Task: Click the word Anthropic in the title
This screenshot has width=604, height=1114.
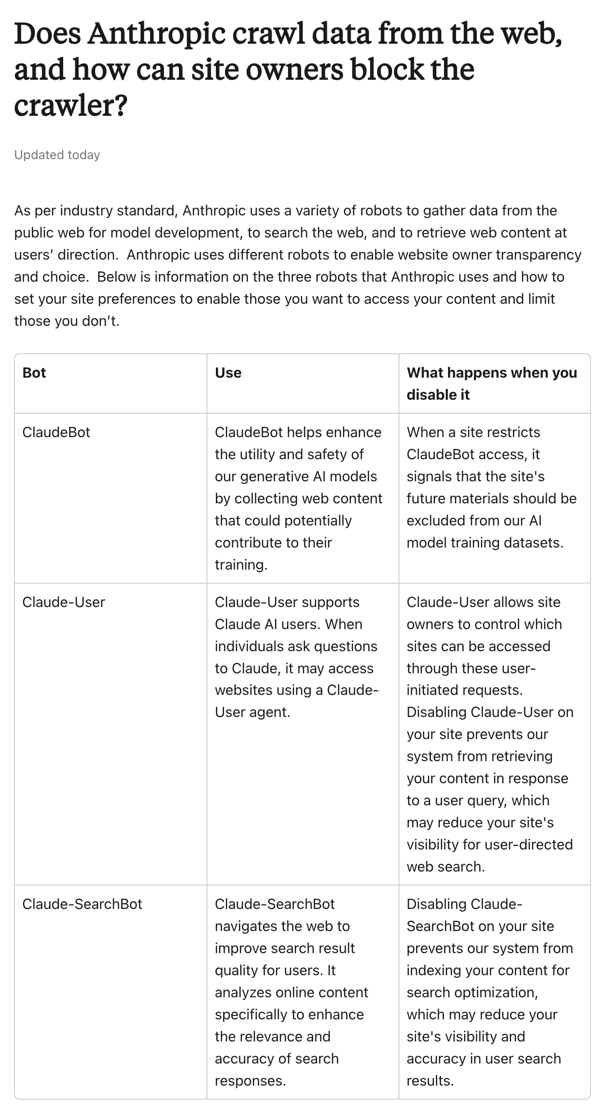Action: (x=156, y=34)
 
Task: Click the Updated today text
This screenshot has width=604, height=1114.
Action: (x=57, y=155)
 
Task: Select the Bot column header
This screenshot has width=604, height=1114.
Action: (x=34, y=373)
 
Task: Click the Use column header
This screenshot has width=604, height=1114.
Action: (x=228, y=373)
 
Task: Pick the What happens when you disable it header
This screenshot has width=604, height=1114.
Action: (x=492, y=384)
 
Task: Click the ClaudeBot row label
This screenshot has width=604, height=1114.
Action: (x=56, y=432)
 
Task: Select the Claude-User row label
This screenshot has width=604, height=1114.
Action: (x=64, y=602)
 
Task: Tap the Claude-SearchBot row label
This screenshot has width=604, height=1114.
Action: (x=82, y=904)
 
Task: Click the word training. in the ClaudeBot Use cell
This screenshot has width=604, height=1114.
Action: (x=241, y=565)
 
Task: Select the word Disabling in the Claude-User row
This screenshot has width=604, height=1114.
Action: (x=436, y=712)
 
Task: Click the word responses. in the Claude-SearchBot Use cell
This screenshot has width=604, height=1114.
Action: (x=250, y=1081)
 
